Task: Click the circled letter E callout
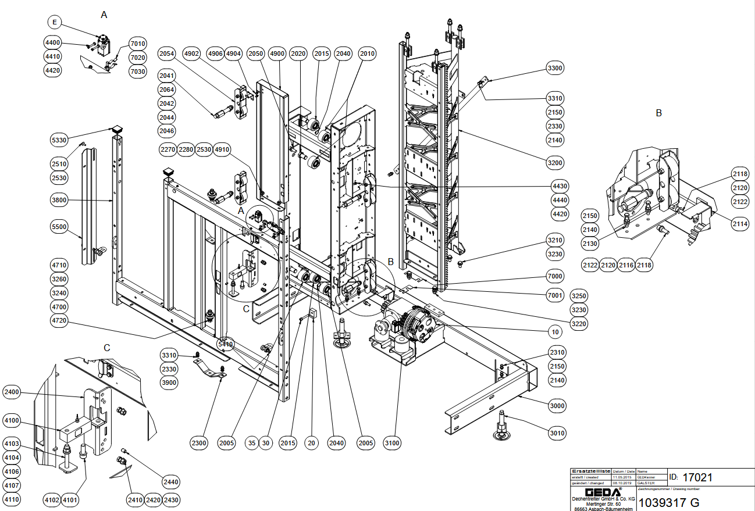54,23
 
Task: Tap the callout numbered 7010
138,44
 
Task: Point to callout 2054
166,53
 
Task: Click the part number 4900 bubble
277,53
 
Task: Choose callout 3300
555,69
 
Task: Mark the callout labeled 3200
555,163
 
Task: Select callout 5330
59,140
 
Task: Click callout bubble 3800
59,200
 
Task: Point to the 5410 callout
225,345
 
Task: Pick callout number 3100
393,444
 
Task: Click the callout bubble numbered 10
555,332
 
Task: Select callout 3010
557,433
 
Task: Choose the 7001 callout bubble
555,296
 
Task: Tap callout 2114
740,223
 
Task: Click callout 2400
12,392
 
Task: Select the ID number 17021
697,478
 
